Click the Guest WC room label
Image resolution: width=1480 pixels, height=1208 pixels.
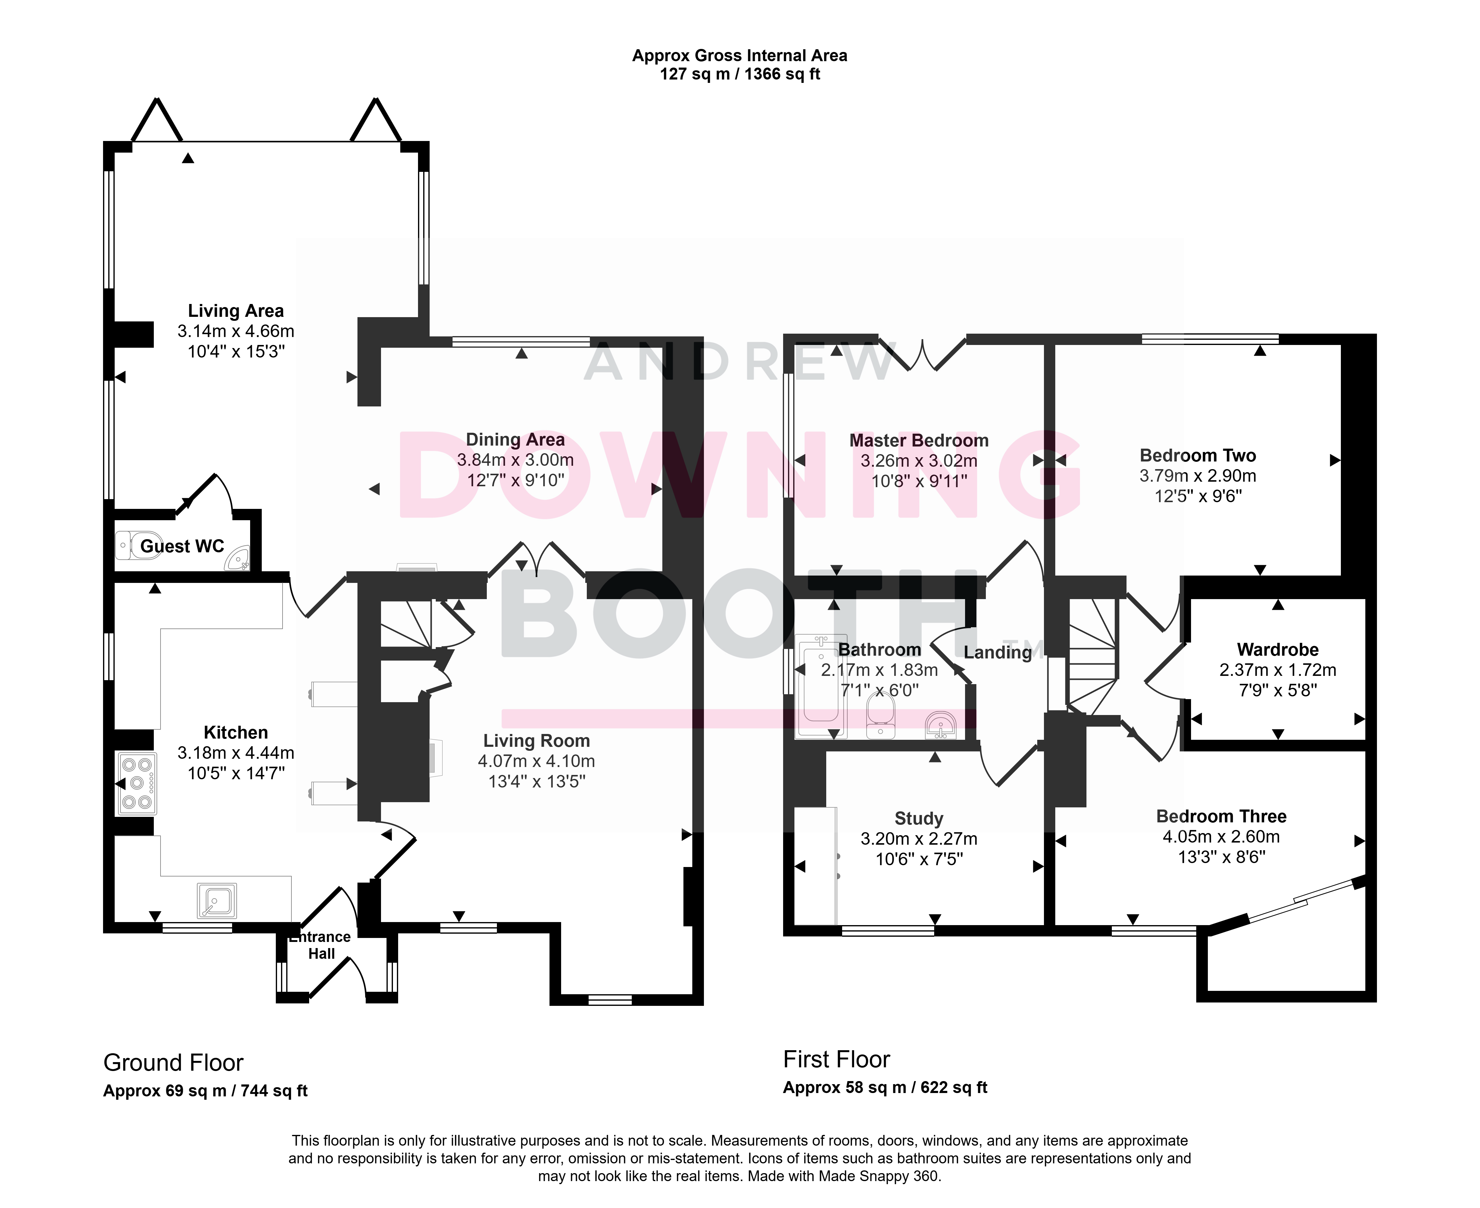coord(182,546)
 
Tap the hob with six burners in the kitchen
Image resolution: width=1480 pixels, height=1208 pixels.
coord(137,784)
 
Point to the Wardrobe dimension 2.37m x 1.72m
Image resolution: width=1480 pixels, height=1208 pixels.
coord(1278,670)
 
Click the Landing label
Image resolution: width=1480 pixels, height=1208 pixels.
coord(998,653)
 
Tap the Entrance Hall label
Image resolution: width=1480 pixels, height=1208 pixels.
coord(321,945)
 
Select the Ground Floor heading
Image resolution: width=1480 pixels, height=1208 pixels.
coord(173,1062)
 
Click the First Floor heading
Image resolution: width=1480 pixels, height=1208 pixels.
coord(836,1059)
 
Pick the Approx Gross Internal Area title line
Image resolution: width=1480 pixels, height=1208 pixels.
coord(740,56)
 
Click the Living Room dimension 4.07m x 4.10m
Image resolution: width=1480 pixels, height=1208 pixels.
coord(536,761)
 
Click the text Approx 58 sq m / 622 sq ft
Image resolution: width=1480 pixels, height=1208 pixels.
coord(885,1088)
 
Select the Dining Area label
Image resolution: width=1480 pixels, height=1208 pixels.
coord(515,440)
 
